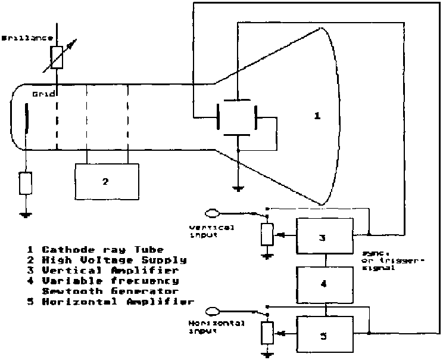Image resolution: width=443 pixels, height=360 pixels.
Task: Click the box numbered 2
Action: (106, 181)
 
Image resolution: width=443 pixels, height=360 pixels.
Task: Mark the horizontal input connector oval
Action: (213, 310)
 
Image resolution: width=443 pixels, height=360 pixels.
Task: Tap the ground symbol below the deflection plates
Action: (238, 190)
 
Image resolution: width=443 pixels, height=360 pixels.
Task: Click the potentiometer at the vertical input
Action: (266, 235)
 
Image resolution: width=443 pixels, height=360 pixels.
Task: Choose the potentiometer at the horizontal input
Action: (266, 334)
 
